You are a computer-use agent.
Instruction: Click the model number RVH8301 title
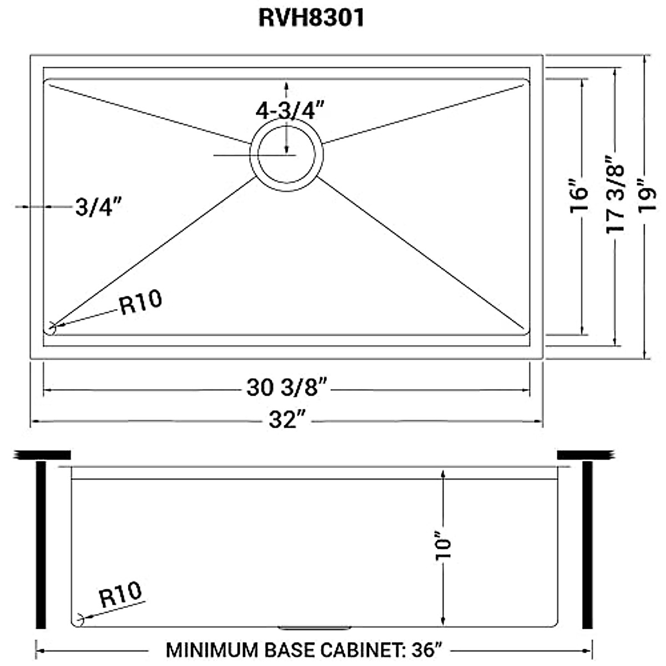point(311,18)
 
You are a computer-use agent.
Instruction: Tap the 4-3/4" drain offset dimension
point(290,111)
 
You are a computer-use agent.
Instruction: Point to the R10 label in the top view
point(141,302)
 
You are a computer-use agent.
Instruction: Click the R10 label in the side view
point(120,596)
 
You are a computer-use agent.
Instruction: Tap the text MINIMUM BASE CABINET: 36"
point(304,649)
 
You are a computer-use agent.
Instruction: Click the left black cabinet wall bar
point(40,544)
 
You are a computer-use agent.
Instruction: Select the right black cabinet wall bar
point(587,544)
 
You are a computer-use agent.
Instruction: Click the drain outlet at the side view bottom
point(315,628)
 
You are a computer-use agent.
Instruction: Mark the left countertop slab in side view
point(43,455)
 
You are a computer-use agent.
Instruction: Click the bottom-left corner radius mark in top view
point(52,326)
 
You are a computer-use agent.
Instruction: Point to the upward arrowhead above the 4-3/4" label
point(286,85)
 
